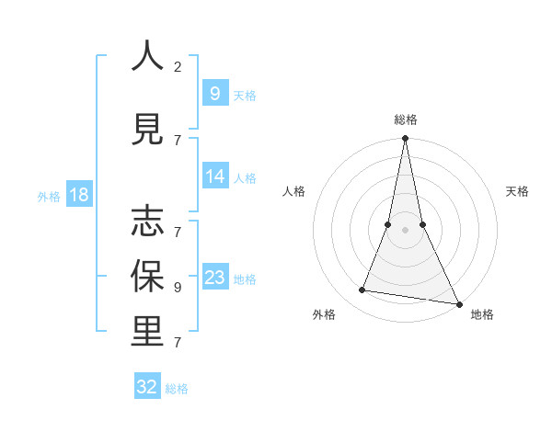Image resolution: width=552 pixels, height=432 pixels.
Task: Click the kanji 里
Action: pyautogui.click(x=147, y=332)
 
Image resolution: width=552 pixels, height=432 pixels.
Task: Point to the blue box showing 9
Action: pyautogui.click(x=214, y=94)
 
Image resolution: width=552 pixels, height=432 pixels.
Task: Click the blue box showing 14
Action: pyautogui.click(x=215, y=176)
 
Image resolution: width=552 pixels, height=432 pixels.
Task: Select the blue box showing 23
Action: pyautogui.click(x=215, y=278)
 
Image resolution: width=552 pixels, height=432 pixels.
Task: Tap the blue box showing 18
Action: pyautogui.click(x=78, y=195)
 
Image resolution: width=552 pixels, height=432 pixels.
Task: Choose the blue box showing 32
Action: pyautogui.click(x=147, y=387)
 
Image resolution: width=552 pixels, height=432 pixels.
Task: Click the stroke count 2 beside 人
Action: pyautogui.click(x=178, y=66)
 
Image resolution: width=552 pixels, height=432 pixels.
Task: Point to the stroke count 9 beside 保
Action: pyautogui.click(x=178, y=287)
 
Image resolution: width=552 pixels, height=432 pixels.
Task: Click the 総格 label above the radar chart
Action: pyautogui.click(x=406, y=119)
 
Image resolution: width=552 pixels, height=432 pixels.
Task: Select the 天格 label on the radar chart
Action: pyautogui.click(x=518, y=191)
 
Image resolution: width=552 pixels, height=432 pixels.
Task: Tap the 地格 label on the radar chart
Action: pyautogui.click(x=482, y=314)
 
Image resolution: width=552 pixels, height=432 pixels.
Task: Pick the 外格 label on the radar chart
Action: pyautogui.click(x=324, y=314)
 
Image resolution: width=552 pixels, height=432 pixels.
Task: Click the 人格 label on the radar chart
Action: pyautogui.click(x=293, y=191)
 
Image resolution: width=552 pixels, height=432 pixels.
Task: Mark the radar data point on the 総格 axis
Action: pyautogui.click(x=405, y=139)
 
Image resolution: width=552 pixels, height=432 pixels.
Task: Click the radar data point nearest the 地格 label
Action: pyautogui.click(x=457, y=302)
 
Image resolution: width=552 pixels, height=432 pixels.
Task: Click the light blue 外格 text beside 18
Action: pyautogui.click(x=49, y=196)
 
